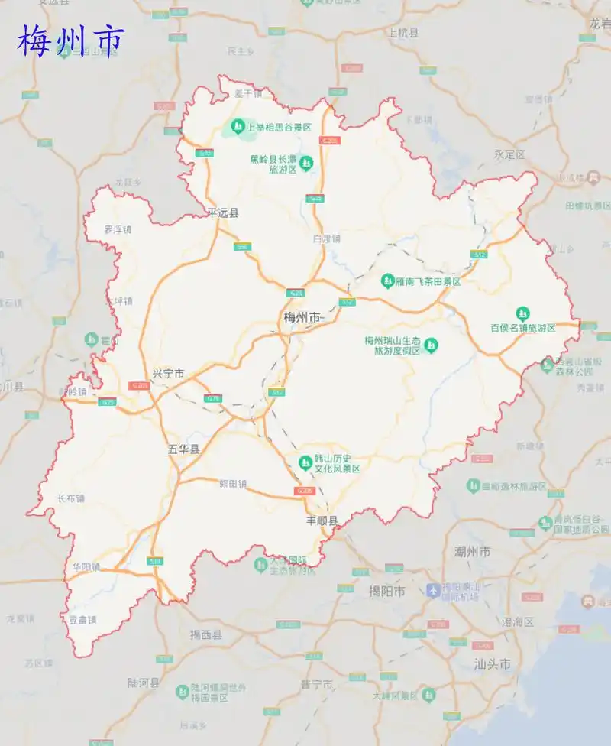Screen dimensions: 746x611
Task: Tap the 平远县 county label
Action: coord(223,213)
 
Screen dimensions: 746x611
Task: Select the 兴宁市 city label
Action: coord(168,374)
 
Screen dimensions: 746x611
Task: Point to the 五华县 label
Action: coord(183,449)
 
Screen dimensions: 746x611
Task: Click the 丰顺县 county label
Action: coord(322,521)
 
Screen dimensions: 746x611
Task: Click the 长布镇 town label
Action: coord(71,498)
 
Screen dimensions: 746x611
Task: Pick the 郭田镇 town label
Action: coord(233,483)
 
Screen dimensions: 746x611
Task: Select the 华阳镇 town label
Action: coord(86,566)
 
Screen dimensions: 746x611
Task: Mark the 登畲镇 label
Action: coord(82,620)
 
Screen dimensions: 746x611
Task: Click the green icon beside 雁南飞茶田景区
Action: coord(387,281)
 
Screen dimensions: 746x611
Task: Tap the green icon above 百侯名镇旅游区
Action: coord(522,313)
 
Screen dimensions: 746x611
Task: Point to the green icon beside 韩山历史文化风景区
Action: coord(305,462)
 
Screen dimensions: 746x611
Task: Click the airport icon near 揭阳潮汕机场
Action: coord(434,590)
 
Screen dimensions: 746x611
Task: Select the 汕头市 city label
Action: coord(492,663)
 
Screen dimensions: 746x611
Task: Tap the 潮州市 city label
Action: coord(472,551)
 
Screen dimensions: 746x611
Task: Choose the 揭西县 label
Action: coord(205,634)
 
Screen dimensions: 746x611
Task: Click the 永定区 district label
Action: coord(509,154)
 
